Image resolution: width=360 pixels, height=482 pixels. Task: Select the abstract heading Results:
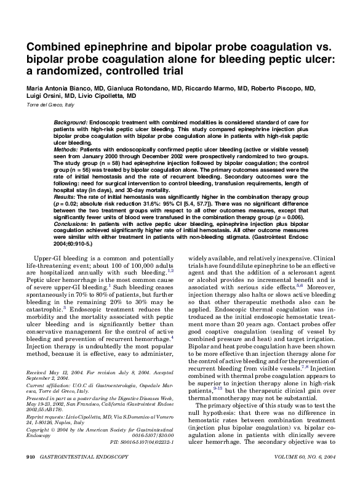66,196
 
